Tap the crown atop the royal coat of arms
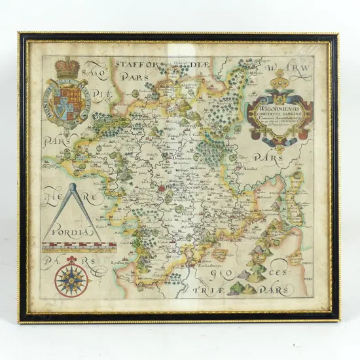point(67,67)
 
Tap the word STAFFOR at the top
point(134,63)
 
